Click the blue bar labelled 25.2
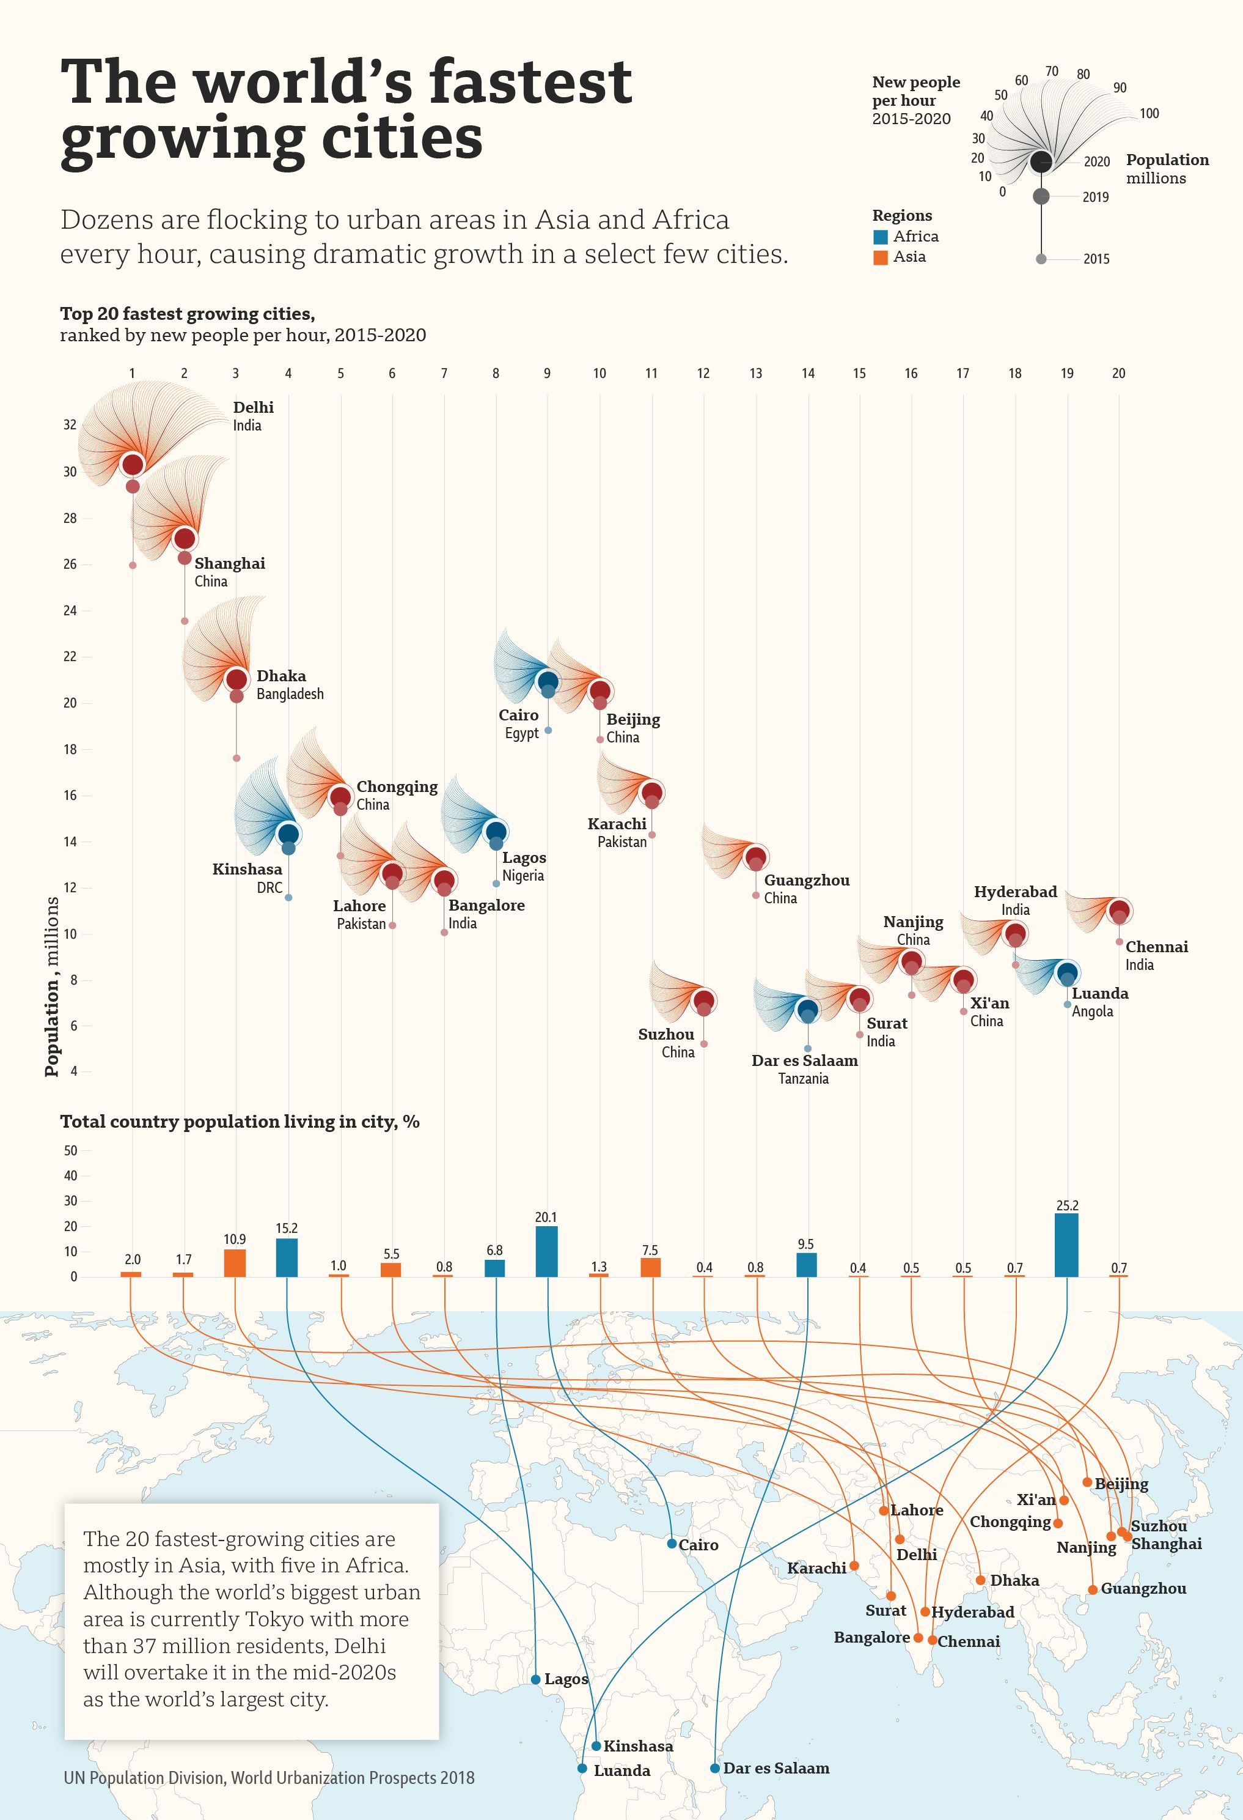point(1066,1245)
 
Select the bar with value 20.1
point(546,1251)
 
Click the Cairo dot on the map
point(672,1544)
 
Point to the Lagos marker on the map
point(535,1679)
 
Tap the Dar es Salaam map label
point(776,1768)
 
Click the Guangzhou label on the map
point(1143,1589)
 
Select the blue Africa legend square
point(881,237)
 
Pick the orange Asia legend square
point(881,257)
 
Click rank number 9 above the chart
point(547,374)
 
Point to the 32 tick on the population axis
point(70,425)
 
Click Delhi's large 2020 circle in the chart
point(133,464)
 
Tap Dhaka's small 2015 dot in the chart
point(237,758)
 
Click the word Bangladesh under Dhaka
point(290,694)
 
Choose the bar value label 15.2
point(287,1229)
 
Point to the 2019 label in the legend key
point(1095,198)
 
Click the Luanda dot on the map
point(582,1768)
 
